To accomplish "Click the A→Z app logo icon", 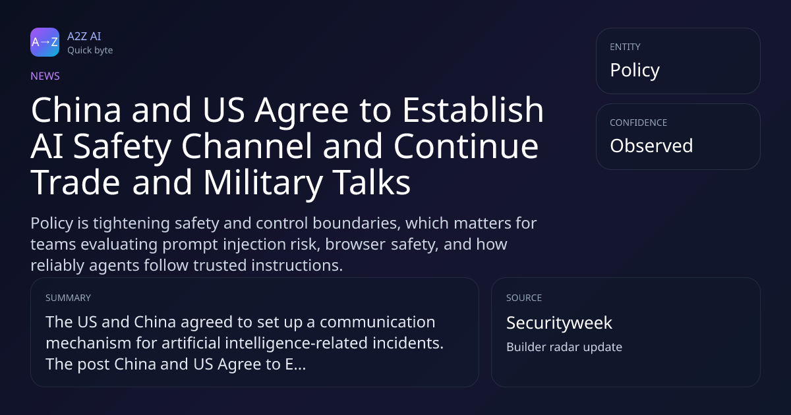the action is tap(45, 42).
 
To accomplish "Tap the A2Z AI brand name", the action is tap(84, 36).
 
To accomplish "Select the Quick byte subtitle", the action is tap(90, 51).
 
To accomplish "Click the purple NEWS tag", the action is tap(45, 76).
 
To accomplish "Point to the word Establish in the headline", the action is tap(473, 110).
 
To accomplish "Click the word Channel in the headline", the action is tap(247, 146).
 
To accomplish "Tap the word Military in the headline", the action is tap(263, 182).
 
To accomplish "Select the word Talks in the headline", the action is tap(371, 182).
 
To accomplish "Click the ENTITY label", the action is tap(625, 47).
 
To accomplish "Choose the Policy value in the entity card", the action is tap(635, 70).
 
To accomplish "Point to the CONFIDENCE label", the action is tap(639, 123).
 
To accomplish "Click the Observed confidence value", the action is tap(651, 146).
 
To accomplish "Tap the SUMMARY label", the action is tap(68, 298).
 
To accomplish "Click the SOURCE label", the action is tap(524, 298).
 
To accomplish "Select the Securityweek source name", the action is tap(560, 323).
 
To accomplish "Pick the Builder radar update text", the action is tap(564, 347).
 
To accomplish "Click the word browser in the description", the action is tap(355, 244).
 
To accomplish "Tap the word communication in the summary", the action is tap(378, 322).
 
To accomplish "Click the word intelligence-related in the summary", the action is tap(296, 343).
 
